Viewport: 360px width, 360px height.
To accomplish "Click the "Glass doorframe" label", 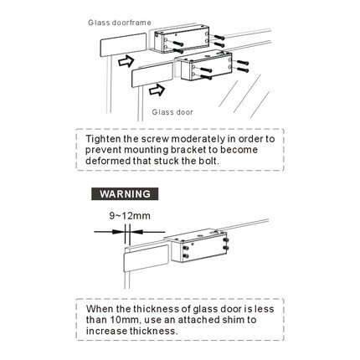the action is [120, 23].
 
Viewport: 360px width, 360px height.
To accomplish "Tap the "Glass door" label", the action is [172, 112].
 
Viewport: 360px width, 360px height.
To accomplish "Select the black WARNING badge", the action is [125, 193].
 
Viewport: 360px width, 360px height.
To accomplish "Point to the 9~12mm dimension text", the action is [130, 216].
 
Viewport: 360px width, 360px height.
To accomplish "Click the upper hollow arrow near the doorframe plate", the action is [126, 61].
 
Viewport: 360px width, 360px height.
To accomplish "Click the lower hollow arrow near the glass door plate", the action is [157, 90].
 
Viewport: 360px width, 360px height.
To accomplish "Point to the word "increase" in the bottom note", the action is [106, 331].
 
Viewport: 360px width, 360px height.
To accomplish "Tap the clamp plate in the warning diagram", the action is [147, 258].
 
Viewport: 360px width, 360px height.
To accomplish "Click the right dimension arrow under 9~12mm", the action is [147, 232].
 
